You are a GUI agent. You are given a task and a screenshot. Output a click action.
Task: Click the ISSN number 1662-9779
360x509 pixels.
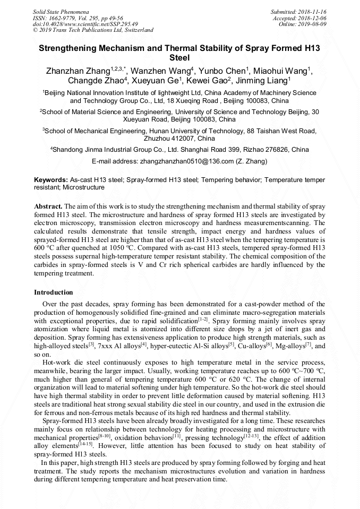62,18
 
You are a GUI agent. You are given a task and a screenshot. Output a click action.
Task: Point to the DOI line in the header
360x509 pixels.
85,24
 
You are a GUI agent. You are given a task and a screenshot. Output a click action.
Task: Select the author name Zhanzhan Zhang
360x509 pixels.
78,71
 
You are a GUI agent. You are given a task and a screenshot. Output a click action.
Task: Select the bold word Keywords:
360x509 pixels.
51,180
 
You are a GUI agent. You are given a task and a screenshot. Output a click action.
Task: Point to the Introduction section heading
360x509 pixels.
54,292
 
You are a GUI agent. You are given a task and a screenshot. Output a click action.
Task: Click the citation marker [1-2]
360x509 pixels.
203,319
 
